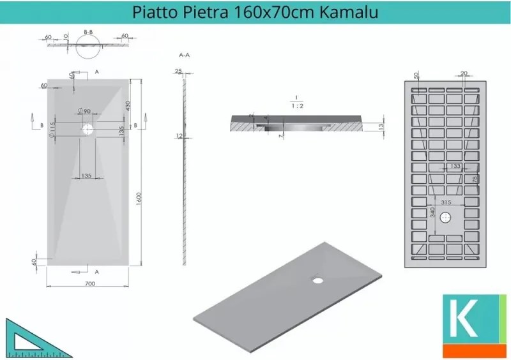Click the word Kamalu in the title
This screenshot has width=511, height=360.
click(x=350, y=11)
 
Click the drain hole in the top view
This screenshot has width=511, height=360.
click(x=87, y=128)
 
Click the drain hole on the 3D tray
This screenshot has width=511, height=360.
click(x=316, y=278)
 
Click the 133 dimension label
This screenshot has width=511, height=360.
click(x=455, y=166)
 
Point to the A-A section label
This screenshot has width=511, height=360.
click(x=185, y=56)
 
